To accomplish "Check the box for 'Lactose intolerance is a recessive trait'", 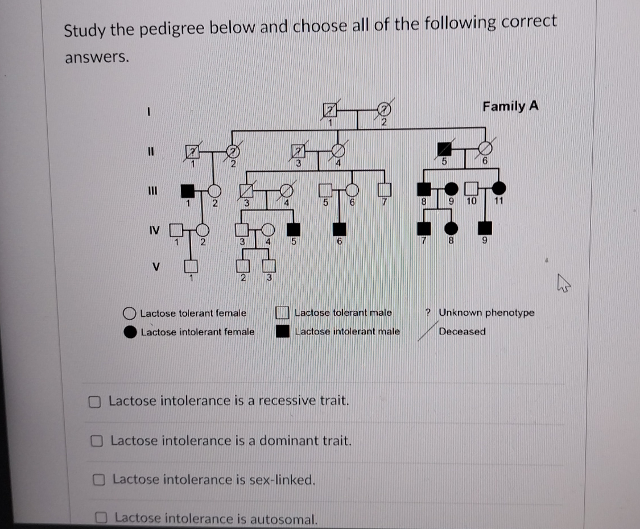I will pos(95,402).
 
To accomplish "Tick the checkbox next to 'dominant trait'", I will pos(97,441).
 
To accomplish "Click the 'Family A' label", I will pos(510,106).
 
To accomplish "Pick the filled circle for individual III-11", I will pos(499,188).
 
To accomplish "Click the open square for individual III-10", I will pos(471,188).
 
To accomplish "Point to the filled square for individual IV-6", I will pos(340,229).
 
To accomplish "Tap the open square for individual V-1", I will pos(192,266).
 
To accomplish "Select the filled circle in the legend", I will pos(130,332).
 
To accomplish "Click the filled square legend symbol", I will pos(283,331).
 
